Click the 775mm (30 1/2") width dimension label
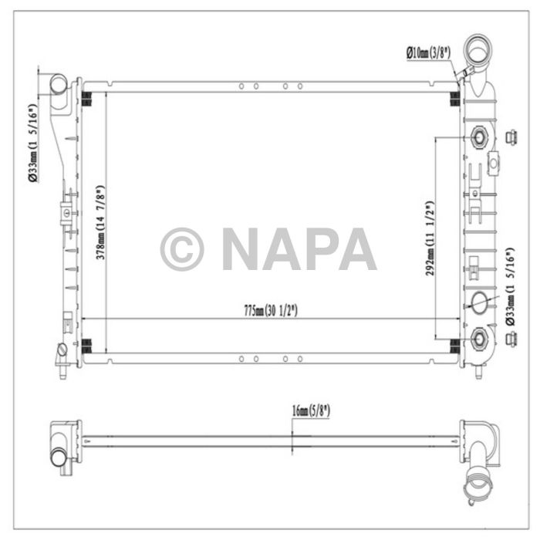tap(270, 311)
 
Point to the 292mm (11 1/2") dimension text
tap(430, 238)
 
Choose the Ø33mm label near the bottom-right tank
tap(508, 287)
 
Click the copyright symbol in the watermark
tap(182, 249)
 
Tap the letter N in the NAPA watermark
tap(242, 249)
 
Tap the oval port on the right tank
tap(479, 302)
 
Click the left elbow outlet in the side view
tap(62, 444)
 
